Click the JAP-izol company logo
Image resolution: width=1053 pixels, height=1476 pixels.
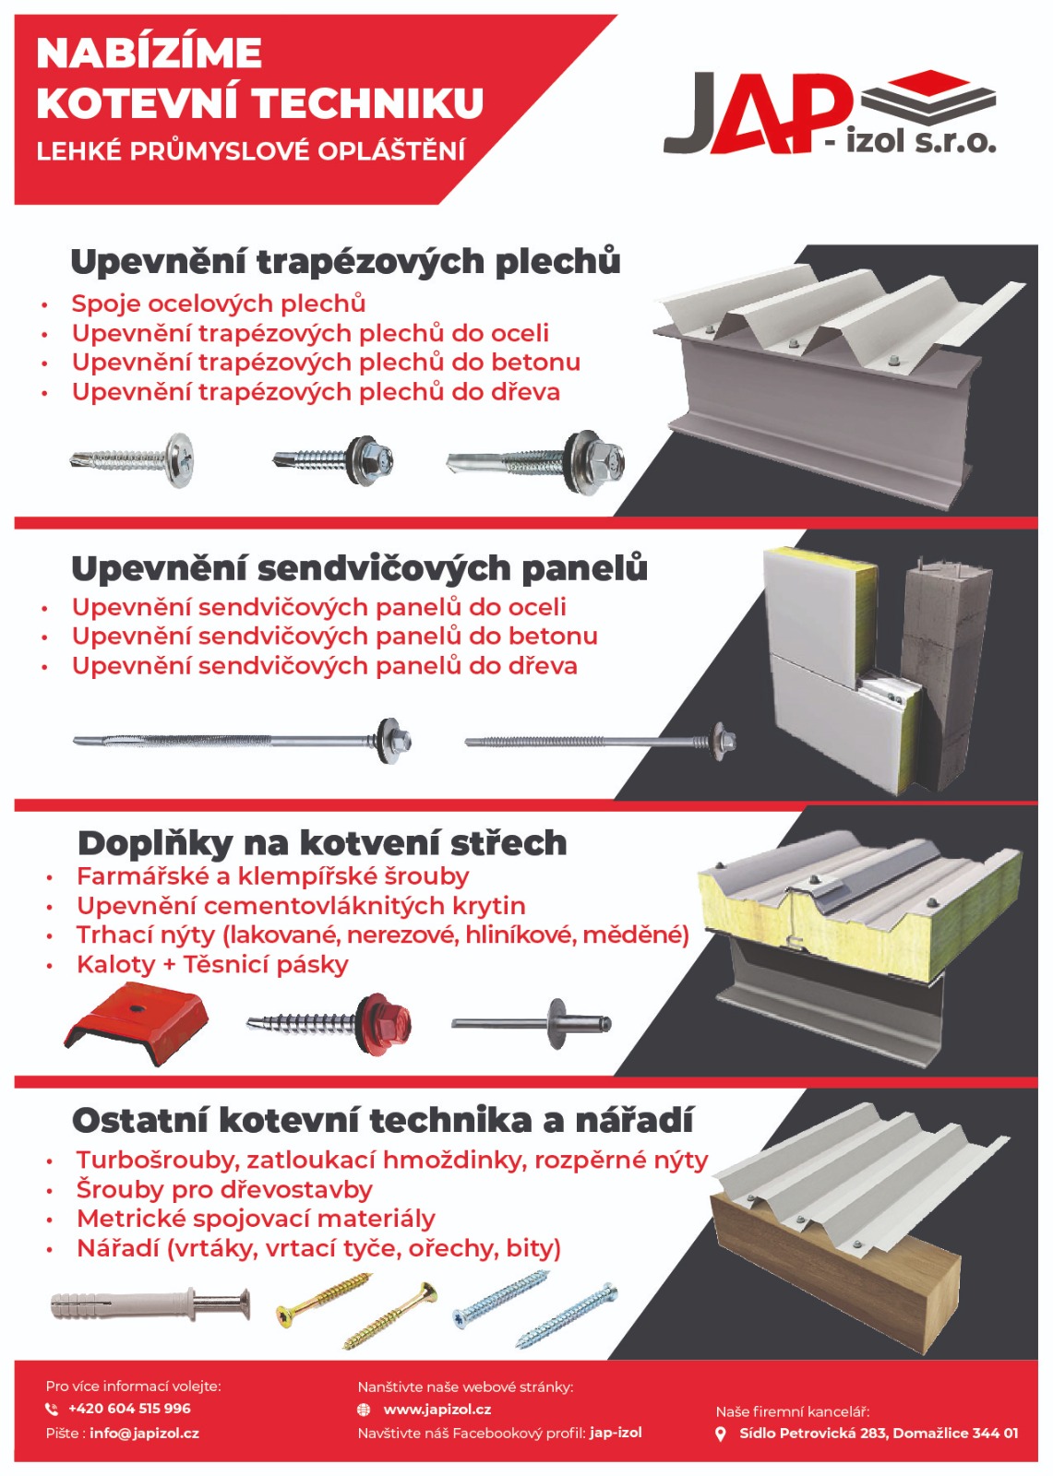coord(830,112)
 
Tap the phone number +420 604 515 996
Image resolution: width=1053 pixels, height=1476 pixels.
coord(129,1408)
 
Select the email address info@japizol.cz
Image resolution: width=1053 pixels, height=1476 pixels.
coord(144,1433)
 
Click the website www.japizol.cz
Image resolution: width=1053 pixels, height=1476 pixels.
coord(437,1409)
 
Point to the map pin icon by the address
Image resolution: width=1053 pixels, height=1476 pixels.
coord(721,1434)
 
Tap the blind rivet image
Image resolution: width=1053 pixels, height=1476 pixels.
coord(532,1023)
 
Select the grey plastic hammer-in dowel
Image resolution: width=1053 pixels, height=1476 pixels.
coord(150,1303)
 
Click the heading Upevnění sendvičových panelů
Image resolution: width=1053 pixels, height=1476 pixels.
coord(359,568)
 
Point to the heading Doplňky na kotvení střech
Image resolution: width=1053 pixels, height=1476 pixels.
coord(322,843)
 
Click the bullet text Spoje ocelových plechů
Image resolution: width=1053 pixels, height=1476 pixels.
coord(218,304)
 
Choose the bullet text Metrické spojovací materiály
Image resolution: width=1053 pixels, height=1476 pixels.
coord(256,1219)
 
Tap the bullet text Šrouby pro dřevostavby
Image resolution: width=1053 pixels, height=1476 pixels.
coord(225,1189)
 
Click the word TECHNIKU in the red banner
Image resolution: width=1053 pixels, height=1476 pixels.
coord(369,102)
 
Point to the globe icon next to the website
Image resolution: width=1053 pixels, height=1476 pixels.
coord(364,1410)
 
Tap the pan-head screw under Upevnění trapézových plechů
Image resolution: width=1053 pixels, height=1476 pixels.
coord(132,458)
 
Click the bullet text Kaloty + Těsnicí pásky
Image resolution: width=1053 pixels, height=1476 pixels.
coord(212,964)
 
